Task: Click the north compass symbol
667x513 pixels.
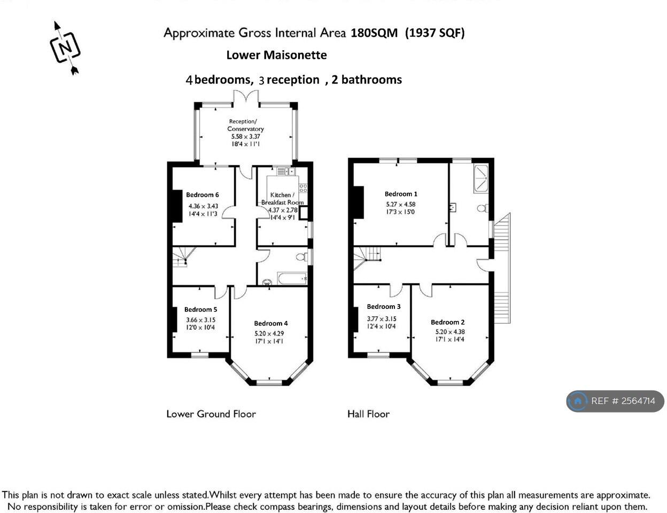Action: [x=65, y=48]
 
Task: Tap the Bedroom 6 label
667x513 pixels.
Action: [x=202, y=195]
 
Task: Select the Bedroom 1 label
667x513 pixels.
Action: [x=401, y=194]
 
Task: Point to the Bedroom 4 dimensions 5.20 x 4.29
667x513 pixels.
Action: [x=269, y=333]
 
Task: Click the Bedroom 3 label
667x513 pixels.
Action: [x=384, y=307]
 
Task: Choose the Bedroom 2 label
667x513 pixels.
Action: [x=447, y=322]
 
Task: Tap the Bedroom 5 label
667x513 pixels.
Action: [x=200, y=309]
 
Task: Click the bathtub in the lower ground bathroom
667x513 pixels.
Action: [x=292, y=278]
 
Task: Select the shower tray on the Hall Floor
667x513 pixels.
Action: [x=480, y=179]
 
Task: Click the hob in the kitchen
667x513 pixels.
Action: [x=303, y=188]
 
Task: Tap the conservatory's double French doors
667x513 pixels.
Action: [x=246, y=97]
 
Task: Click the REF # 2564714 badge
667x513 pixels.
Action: [x=615, y=401]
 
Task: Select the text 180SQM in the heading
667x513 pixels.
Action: [x=374, y=33]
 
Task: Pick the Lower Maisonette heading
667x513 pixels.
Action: [x=276, y=55]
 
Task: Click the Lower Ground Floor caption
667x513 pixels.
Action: [x=211, y=414]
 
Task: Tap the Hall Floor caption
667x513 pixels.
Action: [x=368, y=414]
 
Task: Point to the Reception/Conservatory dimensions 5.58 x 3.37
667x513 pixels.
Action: [x=245, y=137]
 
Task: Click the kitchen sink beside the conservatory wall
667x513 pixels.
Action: [x=285, y=171]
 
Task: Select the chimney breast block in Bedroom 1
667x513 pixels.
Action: [x=359, y=202]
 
